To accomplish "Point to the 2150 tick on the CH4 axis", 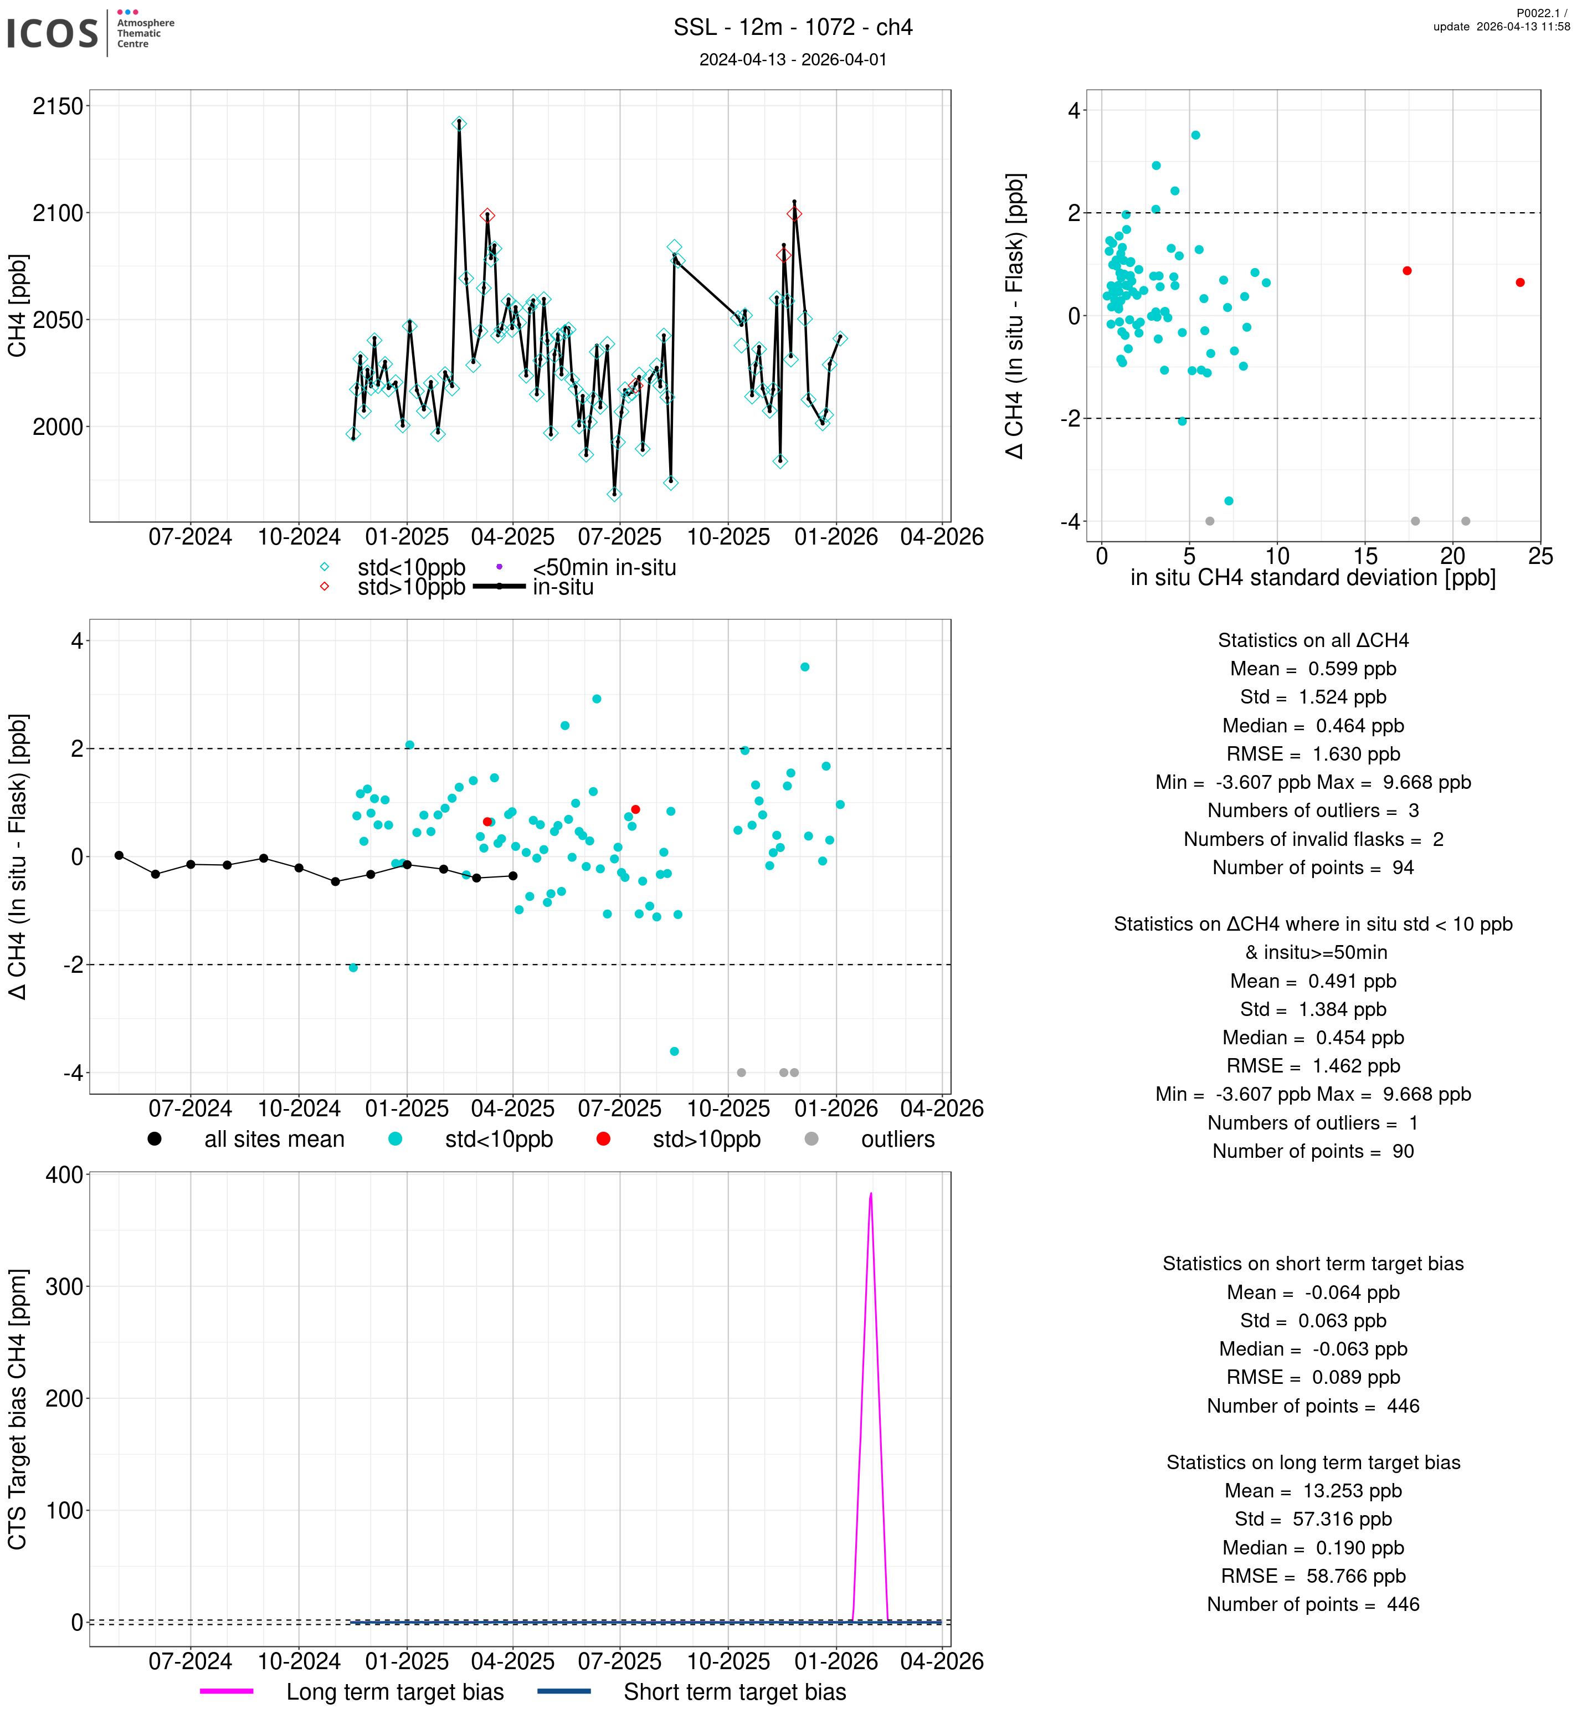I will pos(58,106).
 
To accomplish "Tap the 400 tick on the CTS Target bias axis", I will pos(64,1174).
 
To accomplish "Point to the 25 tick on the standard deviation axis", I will pos(1540,557).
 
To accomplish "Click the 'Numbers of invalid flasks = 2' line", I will pos(1313,839).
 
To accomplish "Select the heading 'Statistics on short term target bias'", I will pos(1313,1264).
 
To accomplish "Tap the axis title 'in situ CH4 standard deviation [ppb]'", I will pos(1313,578).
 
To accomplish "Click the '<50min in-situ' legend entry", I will pos(604,568).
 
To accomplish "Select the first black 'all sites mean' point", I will pos(119,855).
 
